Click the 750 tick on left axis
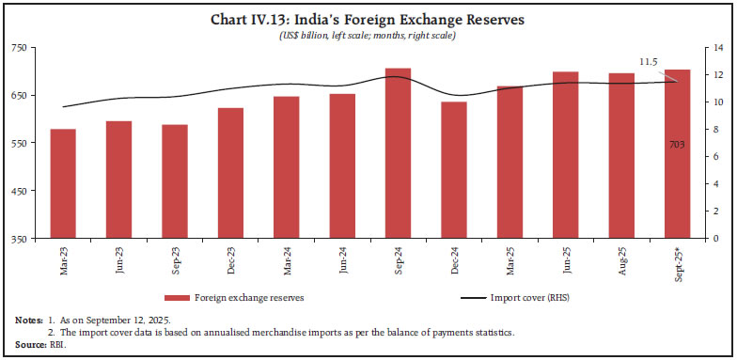pyautogui.click(x=19, y=47)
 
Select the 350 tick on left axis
pyautogui.click(x=19, y=239)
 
